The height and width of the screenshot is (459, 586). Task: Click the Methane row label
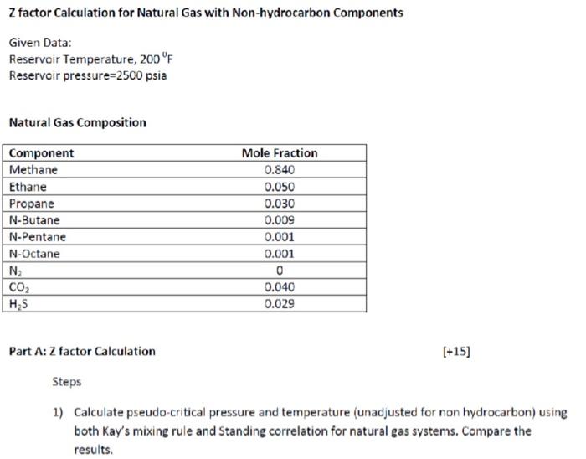33,170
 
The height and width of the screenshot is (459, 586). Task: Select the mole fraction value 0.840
279,170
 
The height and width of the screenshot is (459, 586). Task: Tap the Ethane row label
28,187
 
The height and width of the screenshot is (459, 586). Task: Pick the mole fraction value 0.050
279,187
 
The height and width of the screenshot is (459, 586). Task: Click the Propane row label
31,204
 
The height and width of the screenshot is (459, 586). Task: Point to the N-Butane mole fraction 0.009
279,220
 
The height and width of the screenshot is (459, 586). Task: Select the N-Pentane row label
37,237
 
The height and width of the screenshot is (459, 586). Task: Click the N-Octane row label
34,254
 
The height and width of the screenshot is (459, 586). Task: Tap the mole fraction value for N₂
279,271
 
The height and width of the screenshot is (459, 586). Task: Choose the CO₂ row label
18,287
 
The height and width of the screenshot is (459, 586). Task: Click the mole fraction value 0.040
279,287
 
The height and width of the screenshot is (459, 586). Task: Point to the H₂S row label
18,304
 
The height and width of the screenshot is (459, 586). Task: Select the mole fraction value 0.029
279,304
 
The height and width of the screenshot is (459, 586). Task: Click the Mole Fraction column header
279,153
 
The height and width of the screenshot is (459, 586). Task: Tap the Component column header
41,153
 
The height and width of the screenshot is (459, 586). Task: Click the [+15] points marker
455,352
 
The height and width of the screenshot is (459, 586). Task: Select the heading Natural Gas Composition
77,123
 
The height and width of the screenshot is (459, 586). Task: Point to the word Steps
67,382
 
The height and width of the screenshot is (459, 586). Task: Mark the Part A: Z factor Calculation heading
82,352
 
